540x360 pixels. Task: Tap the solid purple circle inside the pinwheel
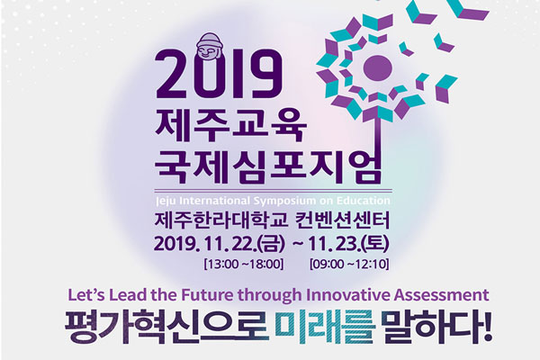[378, 67]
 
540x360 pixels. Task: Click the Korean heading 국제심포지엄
[268, 166]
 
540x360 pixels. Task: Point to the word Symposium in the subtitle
[285, 201]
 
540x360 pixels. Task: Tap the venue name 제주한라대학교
[221, 220]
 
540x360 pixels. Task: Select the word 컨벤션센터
[343, 220]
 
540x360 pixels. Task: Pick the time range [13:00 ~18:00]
[244, 265]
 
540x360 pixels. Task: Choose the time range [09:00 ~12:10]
[349, 265]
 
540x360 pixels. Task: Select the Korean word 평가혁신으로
[166, 327]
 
